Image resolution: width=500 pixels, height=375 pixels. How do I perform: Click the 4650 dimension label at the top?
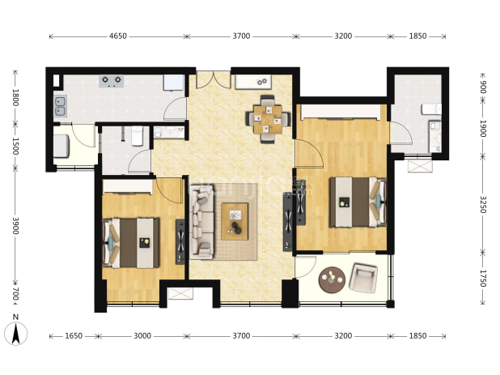[x=118, y=36]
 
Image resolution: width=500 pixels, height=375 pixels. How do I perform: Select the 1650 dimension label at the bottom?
[x=74, y=336]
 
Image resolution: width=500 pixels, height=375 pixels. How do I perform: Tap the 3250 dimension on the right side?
[x=483, y=204]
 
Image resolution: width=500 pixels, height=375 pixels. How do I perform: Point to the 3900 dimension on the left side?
[x=15, y=226]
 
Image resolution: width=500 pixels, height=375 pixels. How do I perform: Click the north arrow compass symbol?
[x=15, y=334]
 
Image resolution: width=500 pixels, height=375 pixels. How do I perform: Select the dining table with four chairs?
[x=268, y=119]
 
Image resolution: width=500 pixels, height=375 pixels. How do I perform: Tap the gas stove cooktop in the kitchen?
[x=112, y=81]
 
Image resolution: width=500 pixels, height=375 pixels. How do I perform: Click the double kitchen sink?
[x=60, y=106]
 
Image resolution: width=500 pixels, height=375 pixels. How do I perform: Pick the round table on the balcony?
[x=332, y=280]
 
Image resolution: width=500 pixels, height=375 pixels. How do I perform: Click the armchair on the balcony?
[x=363, y=278]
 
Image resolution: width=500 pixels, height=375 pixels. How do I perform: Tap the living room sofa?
[x=201, y=222]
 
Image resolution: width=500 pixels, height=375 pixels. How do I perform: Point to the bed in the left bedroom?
[x=131, y=243]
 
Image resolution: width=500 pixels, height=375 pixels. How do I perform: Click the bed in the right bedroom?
[x=358, y=202]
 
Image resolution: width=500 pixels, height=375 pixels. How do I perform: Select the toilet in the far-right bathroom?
[x=431, y=109]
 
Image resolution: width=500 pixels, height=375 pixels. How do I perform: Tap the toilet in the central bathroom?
[x=138, y=136]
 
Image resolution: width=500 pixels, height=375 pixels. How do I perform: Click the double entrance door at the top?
[x=213, y=79]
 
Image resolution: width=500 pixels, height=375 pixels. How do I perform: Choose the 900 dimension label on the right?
[x=483, y=87]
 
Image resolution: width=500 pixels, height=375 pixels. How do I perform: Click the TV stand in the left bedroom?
[x=180, y=241]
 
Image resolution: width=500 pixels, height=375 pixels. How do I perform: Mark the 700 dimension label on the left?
[x=15, y=294]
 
